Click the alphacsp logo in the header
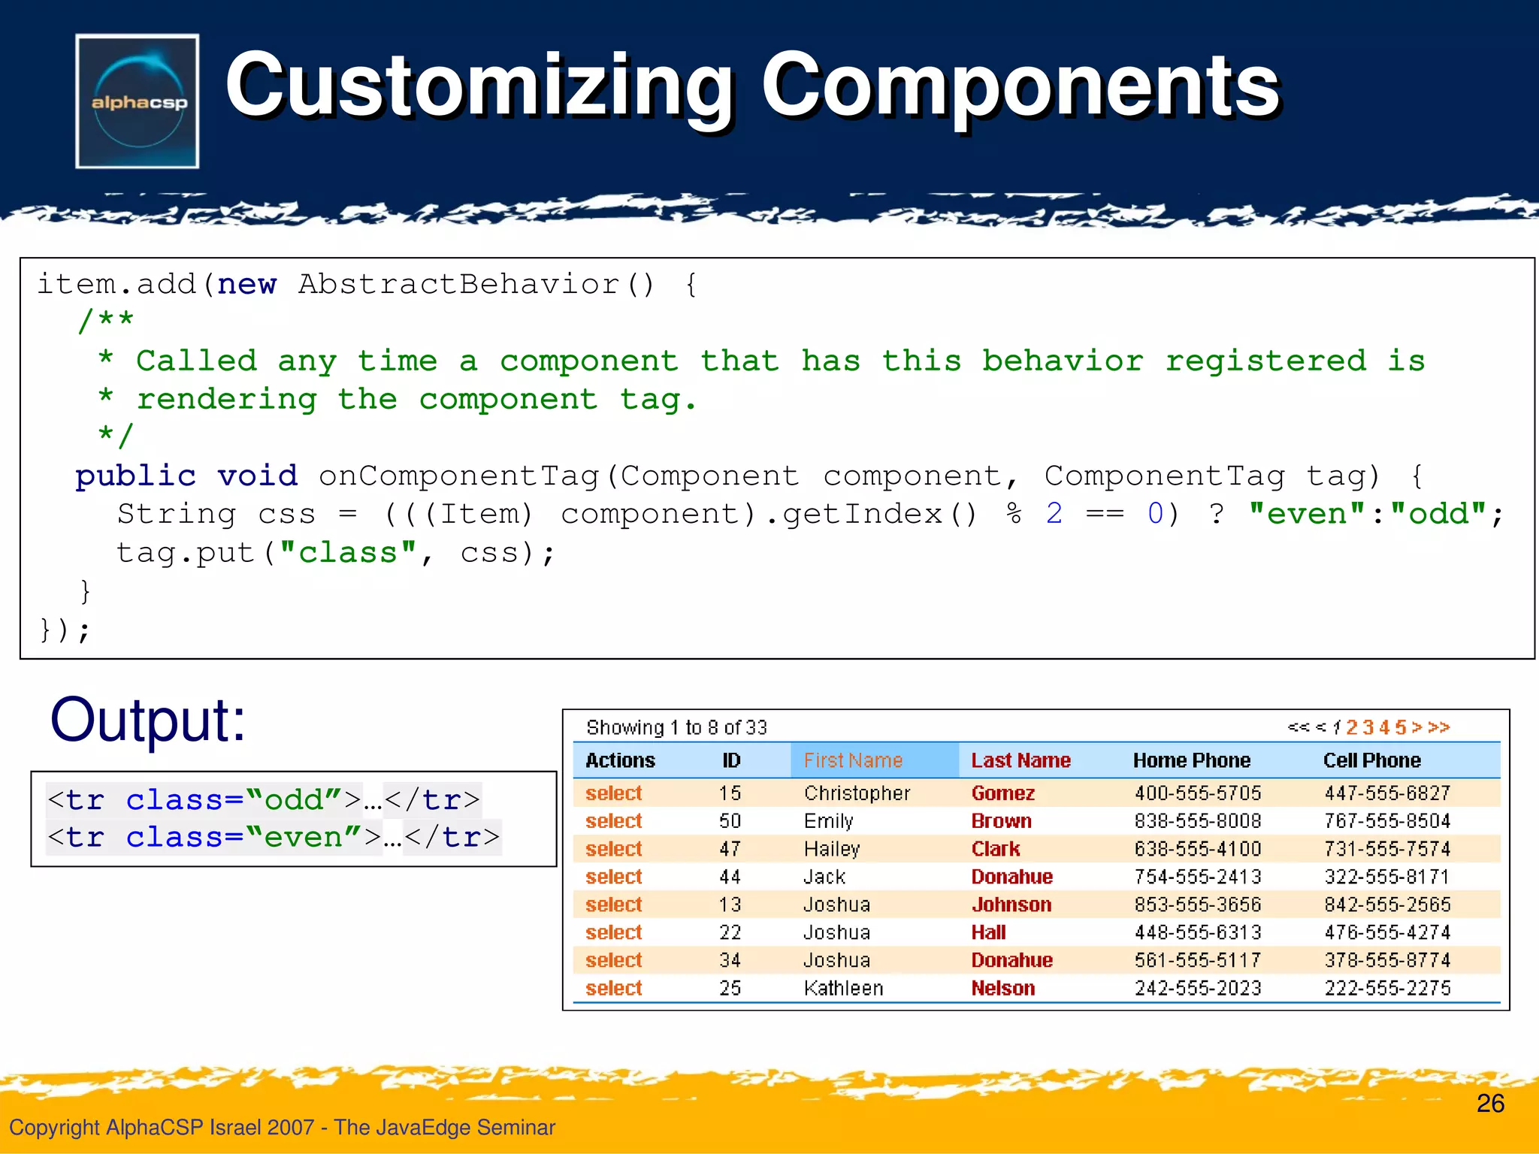[x=138, y=101]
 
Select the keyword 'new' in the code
[x=246, y=285]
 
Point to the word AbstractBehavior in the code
[x=458, y=285]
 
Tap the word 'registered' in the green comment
[x=1265, y=361]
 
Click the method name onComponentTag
[x=458, y=476]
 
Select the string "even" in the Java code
[x=1306, y=515]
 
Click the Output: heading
[x=148, y=720]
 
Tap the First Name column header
[x=853, y=760]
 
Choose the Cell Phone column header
[x=1371, y=760]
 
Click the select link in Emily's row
[x=613, y=821]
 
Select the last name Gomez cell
[x=1002, y=793]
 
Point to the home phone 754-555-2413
[x=1197, y=877]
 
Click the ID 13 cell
[x=730, y=905]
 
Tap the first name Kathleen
[x=843, y=988]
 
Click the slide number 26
[x=1490, y=1103]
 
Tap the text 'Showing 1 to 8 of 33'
[x=676, y=727]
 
